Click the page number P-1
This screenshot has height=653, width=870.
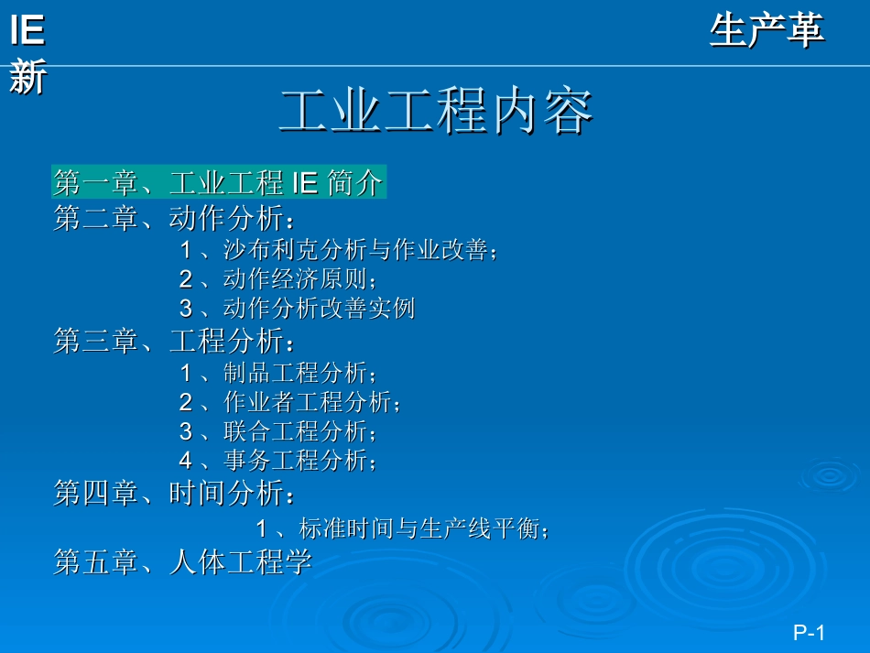pyautogui.click(x=810, y=633)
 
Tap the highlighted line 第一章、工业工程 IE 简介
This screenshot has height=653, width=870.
pyautogui.click(x=218, y=183)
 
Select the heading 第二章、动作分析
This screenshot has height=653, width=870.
pyautogui.click(x=174, y=219)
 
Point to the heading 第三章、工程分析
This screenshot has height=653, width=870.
pyautogui.click(x=174, y=343)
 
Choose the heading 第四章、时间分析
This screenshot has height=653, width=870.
pyautogui.click(x=174, y=495)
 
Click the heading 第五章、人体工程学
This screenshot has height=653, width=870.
pyautogui.click(x=183, y=561)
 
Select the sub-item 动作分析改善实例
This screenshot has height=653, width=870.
pyautogui.click(x=319, y=309)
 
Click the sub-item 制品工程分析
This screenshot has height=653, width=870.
pyautogui.click(x=299, y=373)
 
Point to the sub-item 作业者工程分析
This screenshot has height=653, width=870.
pyautogui.click(x=310, y=401)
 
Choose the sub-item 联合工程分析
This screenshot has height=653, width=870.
pyautogui.click(x=299, y=430)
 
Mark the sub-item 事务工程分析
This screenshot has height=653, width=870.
pyautogui.click(x=299, y=460)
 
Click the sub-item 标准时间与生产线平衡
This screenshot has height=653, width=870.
pyautogui.click(x=423, y=528)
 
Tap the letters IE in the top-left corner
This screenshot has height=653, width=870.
pyautogui.click(x=27, y=31)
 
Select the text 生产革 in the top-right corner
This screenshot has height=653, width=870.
pyautogui.click(x=767, y=31)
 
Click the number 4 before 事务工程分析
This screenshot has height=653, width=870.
pyautogui.click(x=186, y=460)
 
